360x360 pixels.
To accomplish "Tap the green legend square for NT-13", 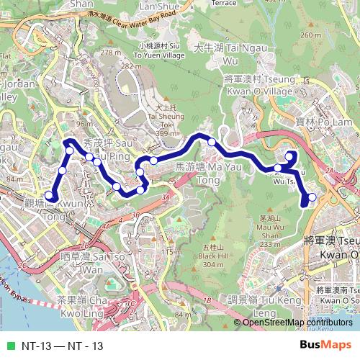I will click(x=10, y=346).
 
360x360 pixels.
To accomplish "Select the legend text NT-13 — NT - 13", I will click(x=62, y=346).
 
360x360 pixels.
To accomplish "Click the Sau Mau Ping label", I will click(x=108, y=148).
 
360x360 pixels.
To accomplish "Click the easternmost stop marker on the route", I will click(x=312, y=197).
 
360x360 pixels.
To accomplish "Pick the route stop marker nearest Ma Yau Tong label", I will click(x=153, y=161).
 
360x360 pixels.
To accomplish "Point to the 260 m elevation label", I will click(x=310, y=35).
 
